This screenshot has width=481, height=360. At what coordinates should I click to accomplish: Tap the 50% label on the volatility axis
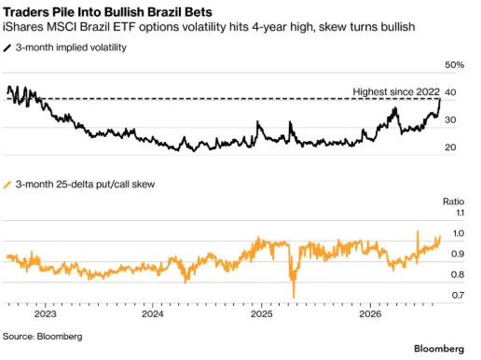454,64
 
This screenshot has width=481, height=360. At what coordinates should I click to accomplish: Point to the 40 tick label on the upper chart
450,92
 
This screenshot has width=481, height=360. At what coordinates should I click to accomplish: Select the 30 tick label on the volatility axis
450,119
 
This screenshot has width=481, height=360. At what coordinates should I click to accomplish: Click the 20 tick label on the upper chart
450,147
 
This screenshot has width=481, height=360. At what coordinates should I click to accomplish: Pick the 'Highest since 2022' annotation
396,91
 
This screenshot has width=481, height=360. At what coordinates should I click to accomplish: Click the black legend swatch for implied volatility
7,48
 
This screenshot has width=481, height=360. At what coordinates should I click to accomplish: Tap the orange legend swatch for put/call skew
7,185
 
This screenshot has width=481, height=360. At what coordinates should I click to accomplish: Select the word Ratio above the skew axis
453,201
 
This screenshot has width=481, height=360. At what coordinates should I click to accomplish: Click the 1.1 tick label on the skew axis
460,213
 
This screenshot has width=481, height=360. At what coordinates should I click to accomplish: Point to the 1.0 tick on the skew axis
459,233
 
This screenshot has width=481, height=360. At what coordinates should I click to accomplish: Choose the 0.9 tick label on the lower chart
458,254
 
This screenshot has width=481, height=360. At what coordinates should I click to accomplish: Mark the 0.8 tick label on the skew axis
458,274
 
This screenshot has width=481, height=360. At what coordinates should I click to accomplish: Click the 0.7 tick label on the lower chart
458,295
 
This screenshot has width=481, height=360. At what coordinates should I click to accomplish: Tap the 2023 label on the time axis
46,313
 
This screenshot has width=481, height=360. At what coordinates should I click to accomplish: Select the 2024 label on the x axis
153,313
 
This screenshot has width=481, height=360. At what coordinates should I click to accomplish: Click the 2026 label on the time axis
370,313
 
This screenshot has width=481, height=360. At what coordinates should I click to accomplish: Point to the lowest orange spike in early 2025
294,297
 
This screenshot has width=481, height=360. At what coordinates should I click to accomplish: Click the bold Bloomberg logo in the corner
439,349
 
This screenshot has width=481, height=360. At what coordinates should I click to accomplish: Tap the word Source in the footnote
19,337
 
